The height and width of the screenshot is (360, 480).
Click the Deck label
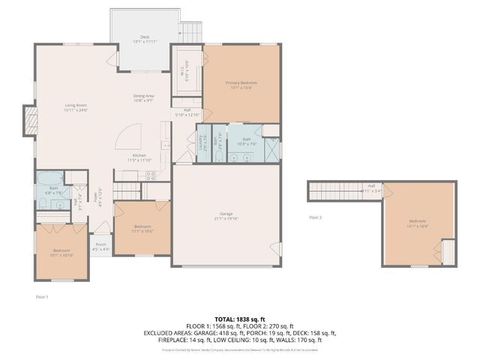point(145,37)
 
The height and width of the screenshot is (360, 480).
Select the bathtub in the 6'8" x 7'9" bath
point(50,179)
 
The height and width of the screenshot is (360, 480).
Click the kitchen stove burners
point(150,176)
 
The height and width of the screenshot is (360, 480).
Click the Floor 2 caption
point(315,217)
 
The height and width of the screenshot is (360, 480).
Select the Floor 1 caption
point(42,297)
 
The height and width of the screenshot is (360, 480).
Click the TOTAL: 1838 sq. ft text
point(240,319)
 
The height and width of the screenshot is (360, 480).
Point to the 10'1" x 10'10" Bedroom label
point(61,252)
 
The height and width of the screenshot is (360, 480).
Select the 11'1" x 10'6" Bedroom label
point(142,229)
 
